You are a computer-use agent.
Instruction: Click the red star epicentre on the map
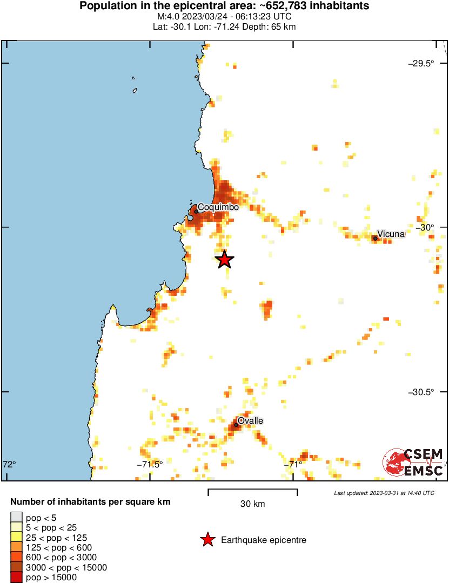[225, 260]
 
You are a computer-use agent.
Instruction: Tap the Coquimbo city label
[218, 207]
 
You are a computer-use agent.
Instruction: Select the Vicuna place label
[391, 234]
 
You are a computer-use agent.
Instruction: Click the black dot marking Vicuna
[375, 238]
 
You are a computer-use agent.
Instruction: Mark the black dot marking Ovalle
[236, 425]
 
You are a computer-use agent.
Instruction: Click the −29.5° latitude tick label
[421, 63]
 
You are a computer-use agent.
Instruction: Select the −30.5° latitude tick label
[421, 392]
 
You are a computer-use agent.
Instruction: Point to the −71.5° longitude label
[150, 464]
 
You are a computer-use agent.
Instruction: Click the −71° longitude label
[294, 464]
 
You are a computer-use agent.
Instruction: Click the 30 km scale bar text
[252, 504]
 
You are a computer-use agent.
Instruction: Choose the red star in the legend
[207, 540]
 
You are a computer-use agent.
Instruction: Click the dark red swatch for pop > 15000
[17, 577]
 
